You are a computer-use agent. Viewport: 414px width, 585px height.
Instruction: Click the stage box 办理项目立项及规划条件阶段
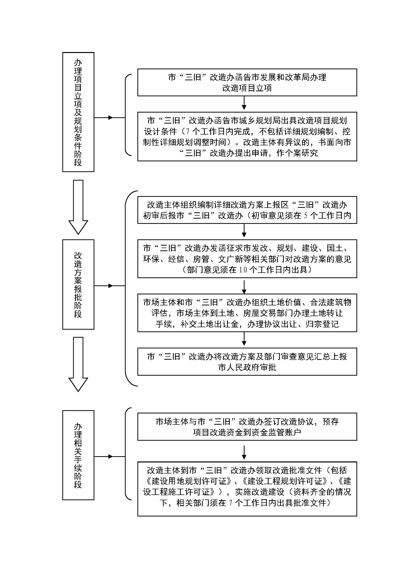[x=78, y=112]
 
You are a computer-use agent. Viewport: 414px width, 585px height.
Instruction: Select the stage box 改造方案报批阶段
[x=78, y=284]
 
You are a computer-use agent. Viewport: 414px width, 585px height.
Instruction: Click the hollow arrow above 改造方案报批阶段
[x=78, y=207]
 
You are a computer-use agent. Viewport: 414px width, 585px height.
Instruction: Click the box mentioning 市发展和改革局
[x=247, y=82]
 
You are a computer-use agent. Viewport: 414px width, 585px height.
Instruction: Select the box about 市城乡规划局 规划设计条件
[x=247, y=137]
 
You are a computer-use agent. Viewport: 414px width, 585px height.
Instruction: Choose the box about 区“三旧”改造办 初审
[x=247, y=210]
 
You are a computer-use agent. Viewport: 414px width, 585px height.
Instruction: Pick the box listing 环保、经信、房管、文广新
[x=247, y=259]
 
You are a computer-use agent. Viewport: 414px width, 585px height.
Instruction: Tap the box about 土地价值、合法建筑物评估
[x=247, y=313]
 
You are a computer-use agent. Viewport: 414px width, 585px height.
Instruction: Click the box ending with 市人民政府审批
[x=247, y=362]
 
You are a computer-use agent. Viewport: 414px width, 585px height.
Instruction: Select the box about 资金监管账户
[x=247, y=427]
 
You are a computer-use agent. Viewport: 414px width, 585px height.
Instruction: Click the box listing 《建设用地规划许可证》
[x=247, y=489]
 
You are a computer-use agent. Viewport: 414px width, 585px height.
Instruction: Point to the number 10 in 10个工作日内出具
[x=243, y=270]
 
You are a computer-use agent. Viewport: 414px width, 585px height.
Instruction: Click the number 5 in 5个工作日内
[x=306, y=216]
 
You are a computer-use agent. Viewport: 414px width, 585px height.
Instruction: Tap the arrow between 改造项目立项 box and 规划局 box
[x=244, y=103]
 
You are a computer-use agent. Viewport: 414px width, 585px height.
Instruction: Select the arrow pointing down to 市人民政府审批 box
[x=244, y=339]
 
